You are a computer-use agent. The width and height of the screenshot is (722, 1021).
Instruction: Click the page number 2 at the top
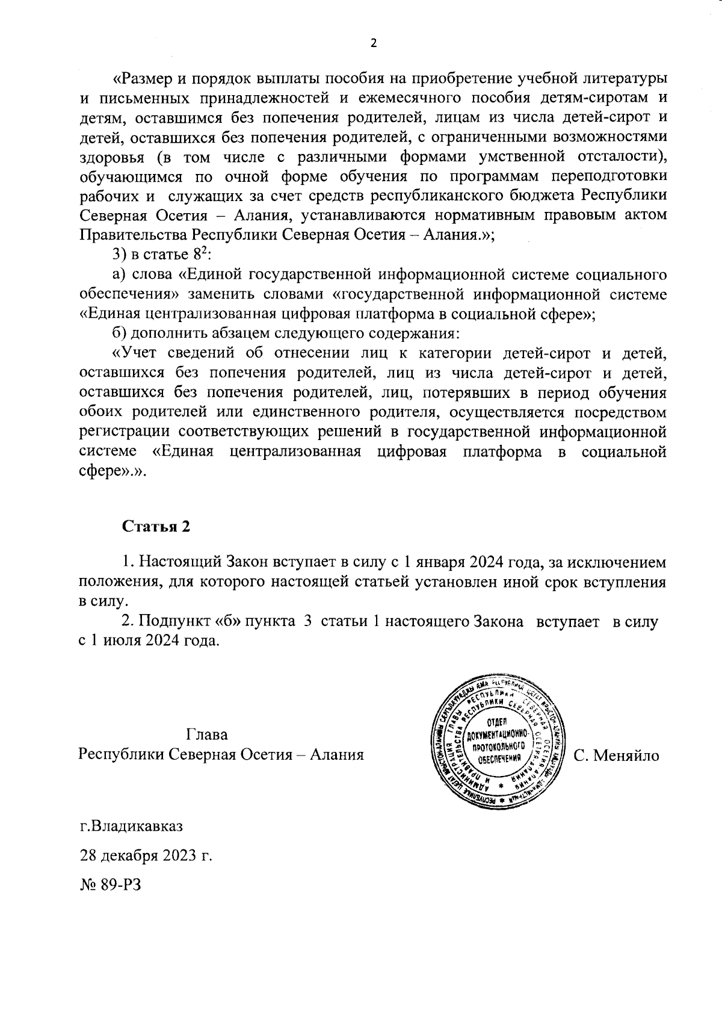373,43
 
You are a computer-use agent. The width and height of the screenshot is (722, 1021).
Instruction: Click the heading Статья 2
156,526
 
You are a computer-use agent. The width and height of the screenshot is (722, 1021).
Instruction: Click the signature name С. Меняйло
617,756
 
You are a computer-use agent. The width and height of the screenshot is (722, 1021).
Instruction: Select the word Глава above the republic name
207,735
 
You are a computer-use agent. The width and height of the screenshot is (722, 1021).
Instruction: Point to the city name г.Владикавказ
131,825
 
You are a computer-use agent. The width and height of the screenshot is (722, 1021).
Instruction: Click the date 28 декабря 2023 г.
146,855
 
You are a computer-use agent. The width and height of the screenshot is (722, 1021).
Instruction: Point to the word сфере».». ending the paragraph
113,471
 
